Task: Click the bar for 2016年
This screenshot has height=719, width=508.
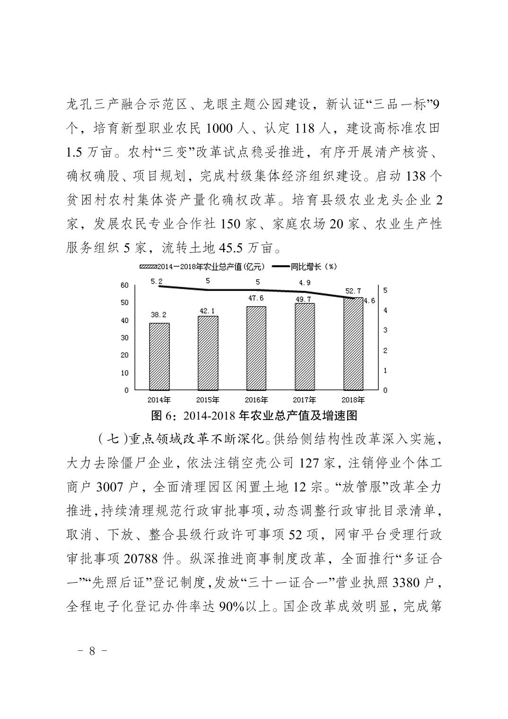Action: click(256, 348)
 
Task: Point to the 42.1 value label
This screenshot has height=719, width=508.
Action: click(207, 311)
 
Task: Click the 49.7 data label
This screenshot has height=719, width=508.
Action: click(304, 298)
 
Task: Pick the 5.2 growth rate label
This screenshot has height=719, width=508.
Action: click(157, 281)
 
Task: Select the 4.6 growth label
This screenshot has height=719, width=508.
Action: click(369, 300)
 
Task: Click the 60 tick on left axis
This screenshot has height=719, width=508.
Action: click(124, 285)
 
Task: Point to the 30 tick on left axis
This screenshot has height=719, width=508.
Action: click(124, 338)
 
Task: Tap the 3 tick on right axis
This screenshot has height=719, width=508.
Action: click(385, 330)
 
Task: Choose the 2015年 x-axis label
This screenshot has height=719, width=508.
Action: click(207, 400)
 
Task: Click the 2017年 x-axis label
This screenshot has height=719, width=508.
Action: click(304, 400)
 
